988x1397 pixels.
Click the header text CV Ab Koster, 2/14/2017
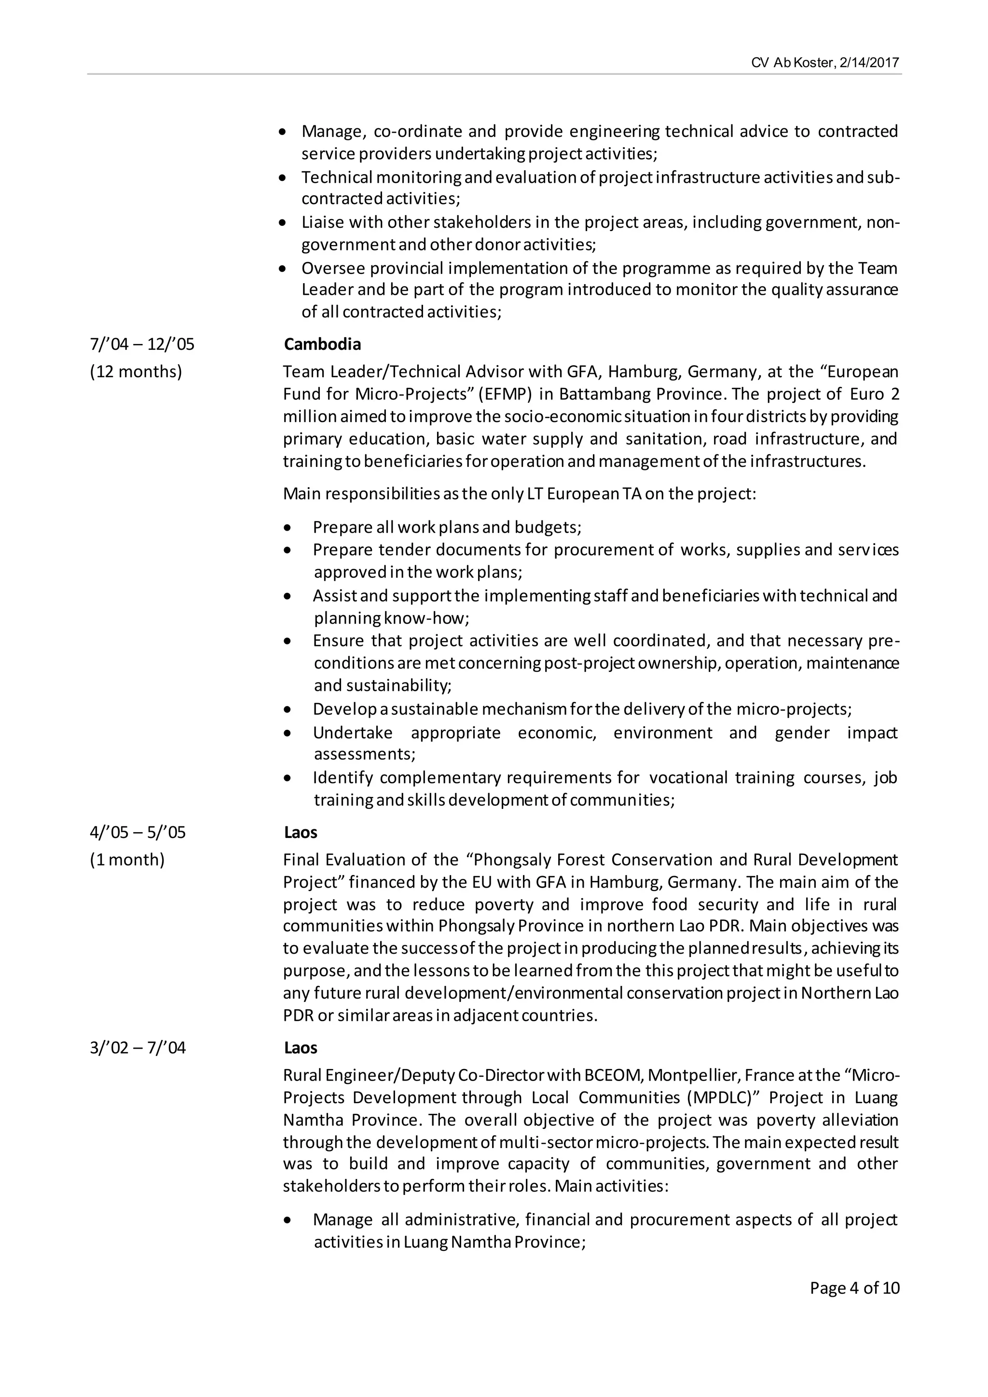(824, 63)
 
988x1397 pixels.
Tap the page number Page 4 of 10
(854, 1287)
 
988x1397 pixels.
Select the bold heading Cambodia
(322, 344)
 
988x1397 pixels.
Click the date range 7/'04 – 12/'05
(142, 344)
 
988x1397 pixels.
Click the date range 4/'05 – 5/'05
(137, 832)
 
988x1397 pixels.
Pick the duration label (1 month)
(127, 860)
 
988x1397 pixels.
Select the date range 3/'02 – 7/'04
(137, 1048)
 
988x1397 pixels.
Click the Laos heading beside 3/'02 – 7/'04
(301, 1048)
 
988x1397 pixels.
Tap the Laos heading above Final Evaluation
(301, 832)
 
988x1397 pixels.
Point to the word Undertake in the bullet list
(352, 733)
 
